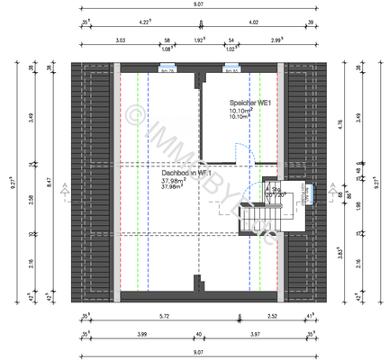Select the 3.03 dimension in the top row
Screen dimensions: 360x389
click(x=120, y=40)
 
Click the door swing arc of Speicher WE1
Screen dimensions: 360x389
click(x=238, y=152)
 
